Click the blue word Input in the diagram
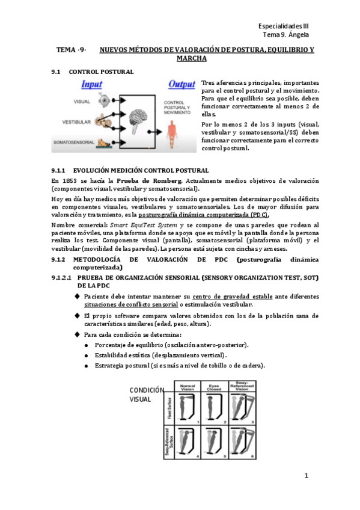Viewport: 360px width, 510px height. [x=92, y=85]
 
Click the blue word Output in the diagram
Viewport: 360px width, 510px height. [x=182, y=84]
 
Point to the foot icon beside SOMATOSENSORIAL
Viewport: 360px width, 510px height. [x=106, y=143]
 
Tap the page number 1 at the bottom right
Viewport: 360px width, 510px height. [x=306, y=476]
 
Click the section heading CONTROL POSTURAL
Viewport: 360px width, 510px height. [x=102, y=72]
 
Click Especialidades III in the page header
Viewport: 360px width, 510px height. [x=284, y=27]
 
